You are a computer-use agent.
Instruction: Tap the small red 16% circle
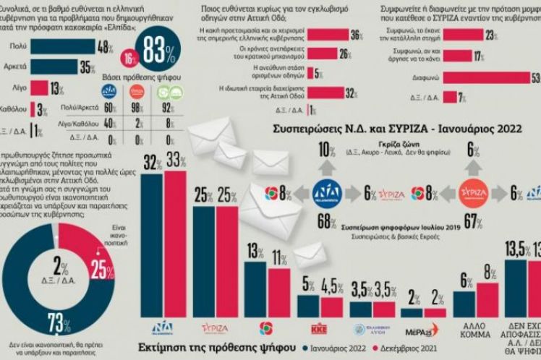pyautogui.click(x=129, y=59)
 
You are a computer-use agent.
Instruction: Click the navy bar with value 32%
pyautogui.click(x=151, y=242)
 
